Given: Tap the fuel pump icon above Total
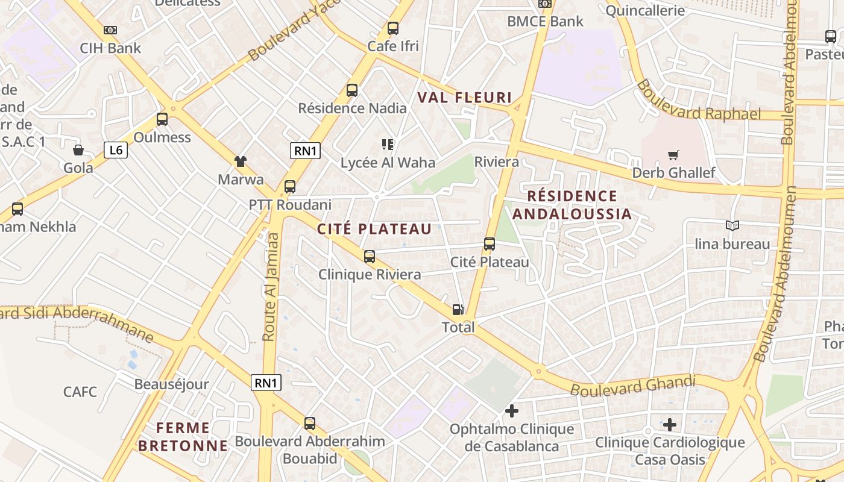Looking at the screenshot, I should [x=458, y=310].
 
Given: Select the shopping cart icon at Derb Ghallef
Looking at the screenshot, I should [x=673, y=155].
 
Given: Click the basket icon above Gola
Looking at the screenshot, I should [x=78, y=150].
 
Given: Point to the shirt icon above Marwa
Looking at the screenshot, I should [x=241, y=161].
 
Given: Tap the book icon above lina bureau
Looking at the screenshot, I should [x=732, y=225].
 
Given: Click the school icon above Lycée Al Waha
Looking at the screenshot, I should [x=387, y=145].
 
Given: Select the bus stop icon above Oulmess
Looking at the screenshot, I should [x=162, y=119].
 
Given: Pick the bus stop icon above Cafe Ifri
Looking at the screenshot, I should [x=393, y=28].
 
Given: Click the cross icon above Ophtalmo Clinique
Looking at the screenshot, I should [x=512, y=411].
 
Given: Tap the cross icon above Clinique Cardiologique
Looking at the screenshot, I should [x=670, y=424].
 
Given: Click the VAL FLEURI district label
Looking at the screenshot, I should [x=465, y=98].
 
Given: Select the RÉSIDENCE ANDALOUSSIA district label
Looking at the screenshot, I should [x=572, y=205].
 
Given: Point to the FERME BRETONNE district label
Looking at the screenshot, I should [x=183, y=437].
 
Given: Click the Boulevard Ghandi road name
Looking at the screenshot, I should [x=632, y=386].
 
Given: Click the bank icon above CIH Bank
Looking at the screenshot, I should [x=110, y=30].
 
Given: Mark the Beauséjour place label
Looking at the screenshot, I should [x=171, y=384].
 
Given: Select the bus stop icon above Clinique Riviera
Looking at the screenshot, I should [x=370, y=257].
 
